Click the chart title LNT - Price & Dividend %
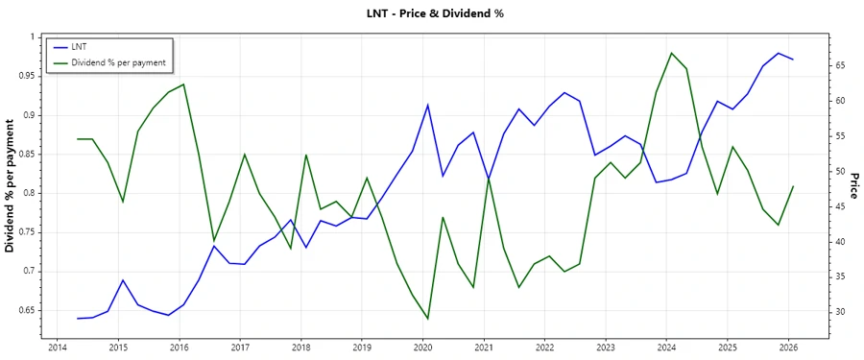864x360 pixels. point(435,13)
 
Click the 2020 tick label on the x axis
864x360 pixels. point(422,347)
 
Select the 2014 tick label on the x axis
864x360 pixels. point(57,347)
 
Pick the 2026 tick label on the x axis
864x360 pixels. point(788,347)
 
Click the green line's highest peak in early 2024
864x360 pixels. point(671,53)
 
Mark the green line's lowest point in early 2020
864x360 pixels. point(427,319)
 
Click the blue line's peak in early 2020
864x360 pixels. point(427,105)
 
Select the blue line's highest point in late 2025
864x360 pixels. point(778,53)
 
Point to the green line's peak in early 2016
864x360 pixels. point(183,84)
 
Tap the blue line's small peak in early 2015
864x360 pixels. point(123,280)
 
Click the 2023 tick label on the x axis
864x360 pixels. point(606,347)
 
